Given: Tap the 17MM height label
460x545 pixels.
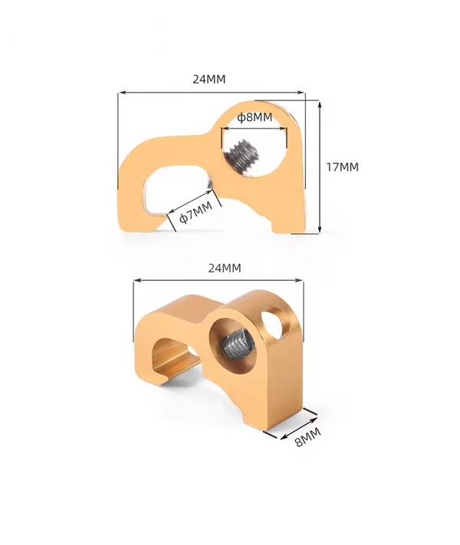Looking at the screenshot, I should (x=342, y=167).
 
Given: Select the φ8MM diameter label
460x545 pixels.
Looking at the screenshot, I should (x=255, y=117).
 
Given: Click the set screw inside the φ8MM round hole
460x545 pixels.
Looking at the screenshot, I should (x=245, y=155).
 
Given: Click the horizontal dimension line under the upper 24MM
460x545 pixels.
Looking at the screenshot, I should (x=211, y=93).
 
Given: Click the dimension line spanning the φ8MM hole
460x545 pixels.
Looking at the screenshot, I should (x=255, y=129).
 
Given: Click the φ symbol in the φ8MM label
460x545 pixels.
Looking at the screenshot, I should (x=240, y=117).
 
